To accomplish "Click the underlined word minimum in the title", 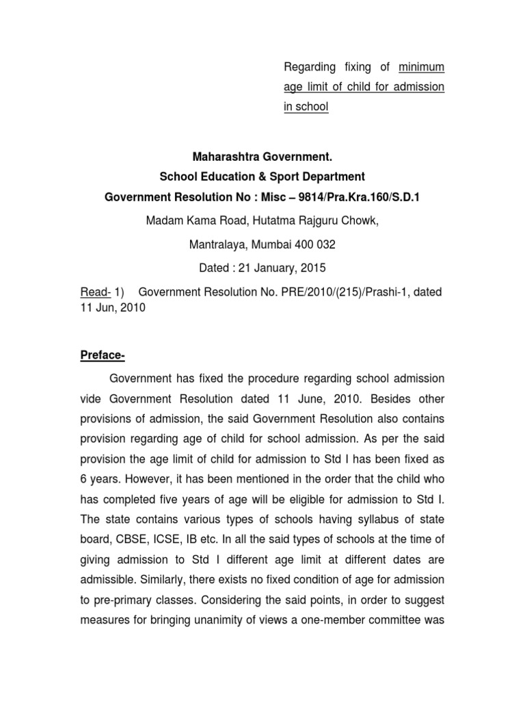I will (x=420, y=67).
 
